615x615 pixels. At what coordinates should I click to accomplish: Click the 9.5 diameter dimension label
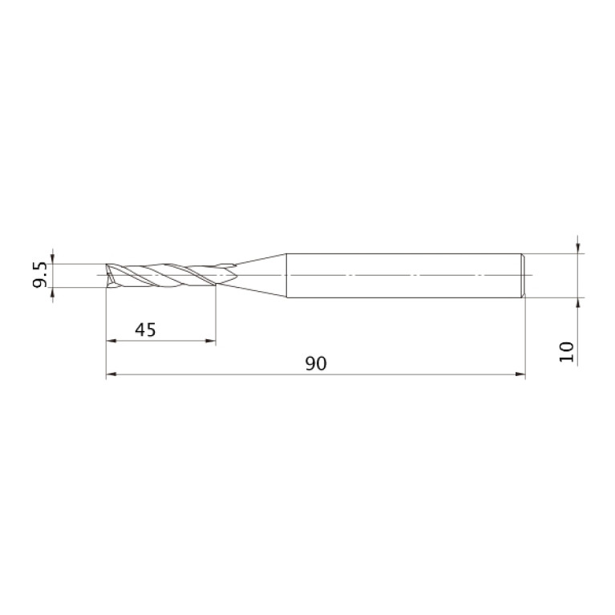(x=39, y=275)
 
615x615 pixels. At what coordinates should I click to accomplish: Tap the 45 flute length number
(x=145, y=330)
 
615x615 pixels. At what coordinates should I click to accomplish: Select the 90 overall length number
(x=316, y=363)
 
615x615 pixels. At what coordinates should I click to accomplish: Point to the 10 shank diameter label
(x=566, y=352)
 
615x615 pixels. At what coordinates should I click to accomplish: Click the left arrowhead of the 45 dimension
(x=111, y=341)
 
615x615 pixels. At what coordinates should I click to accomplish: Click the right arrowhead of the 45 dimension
(x=211, y=341)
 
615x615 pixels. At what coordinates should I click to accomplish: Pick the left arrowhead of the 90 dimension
(x=111, y=374)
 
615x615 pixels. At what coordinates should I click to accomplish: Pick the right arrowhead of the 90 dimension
(x=520, y=374)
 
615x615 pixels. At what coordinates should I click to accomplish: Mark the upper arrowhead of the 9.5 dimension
(x=53, y=258)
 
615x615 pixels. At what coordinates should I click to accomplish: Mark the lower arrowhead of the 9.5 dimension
(x=53, y=293)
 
